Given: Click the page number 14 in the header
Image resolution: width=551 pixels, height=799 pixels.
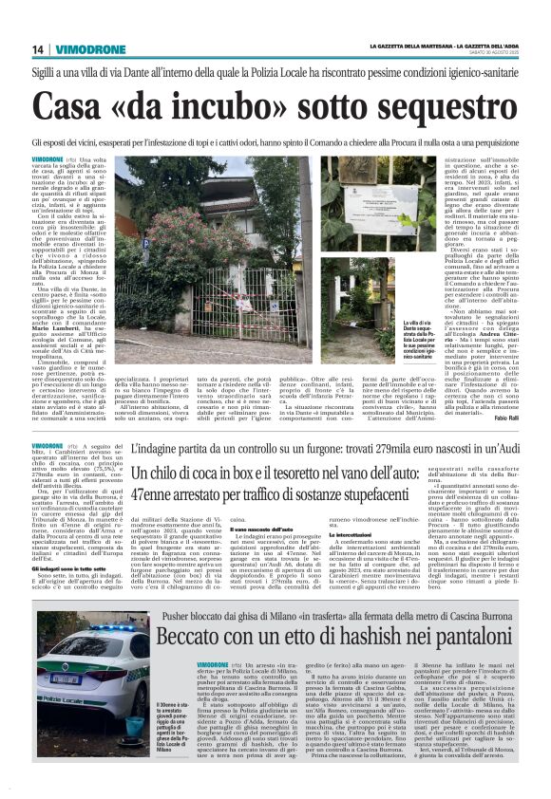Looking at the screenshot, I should [38, 49].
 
